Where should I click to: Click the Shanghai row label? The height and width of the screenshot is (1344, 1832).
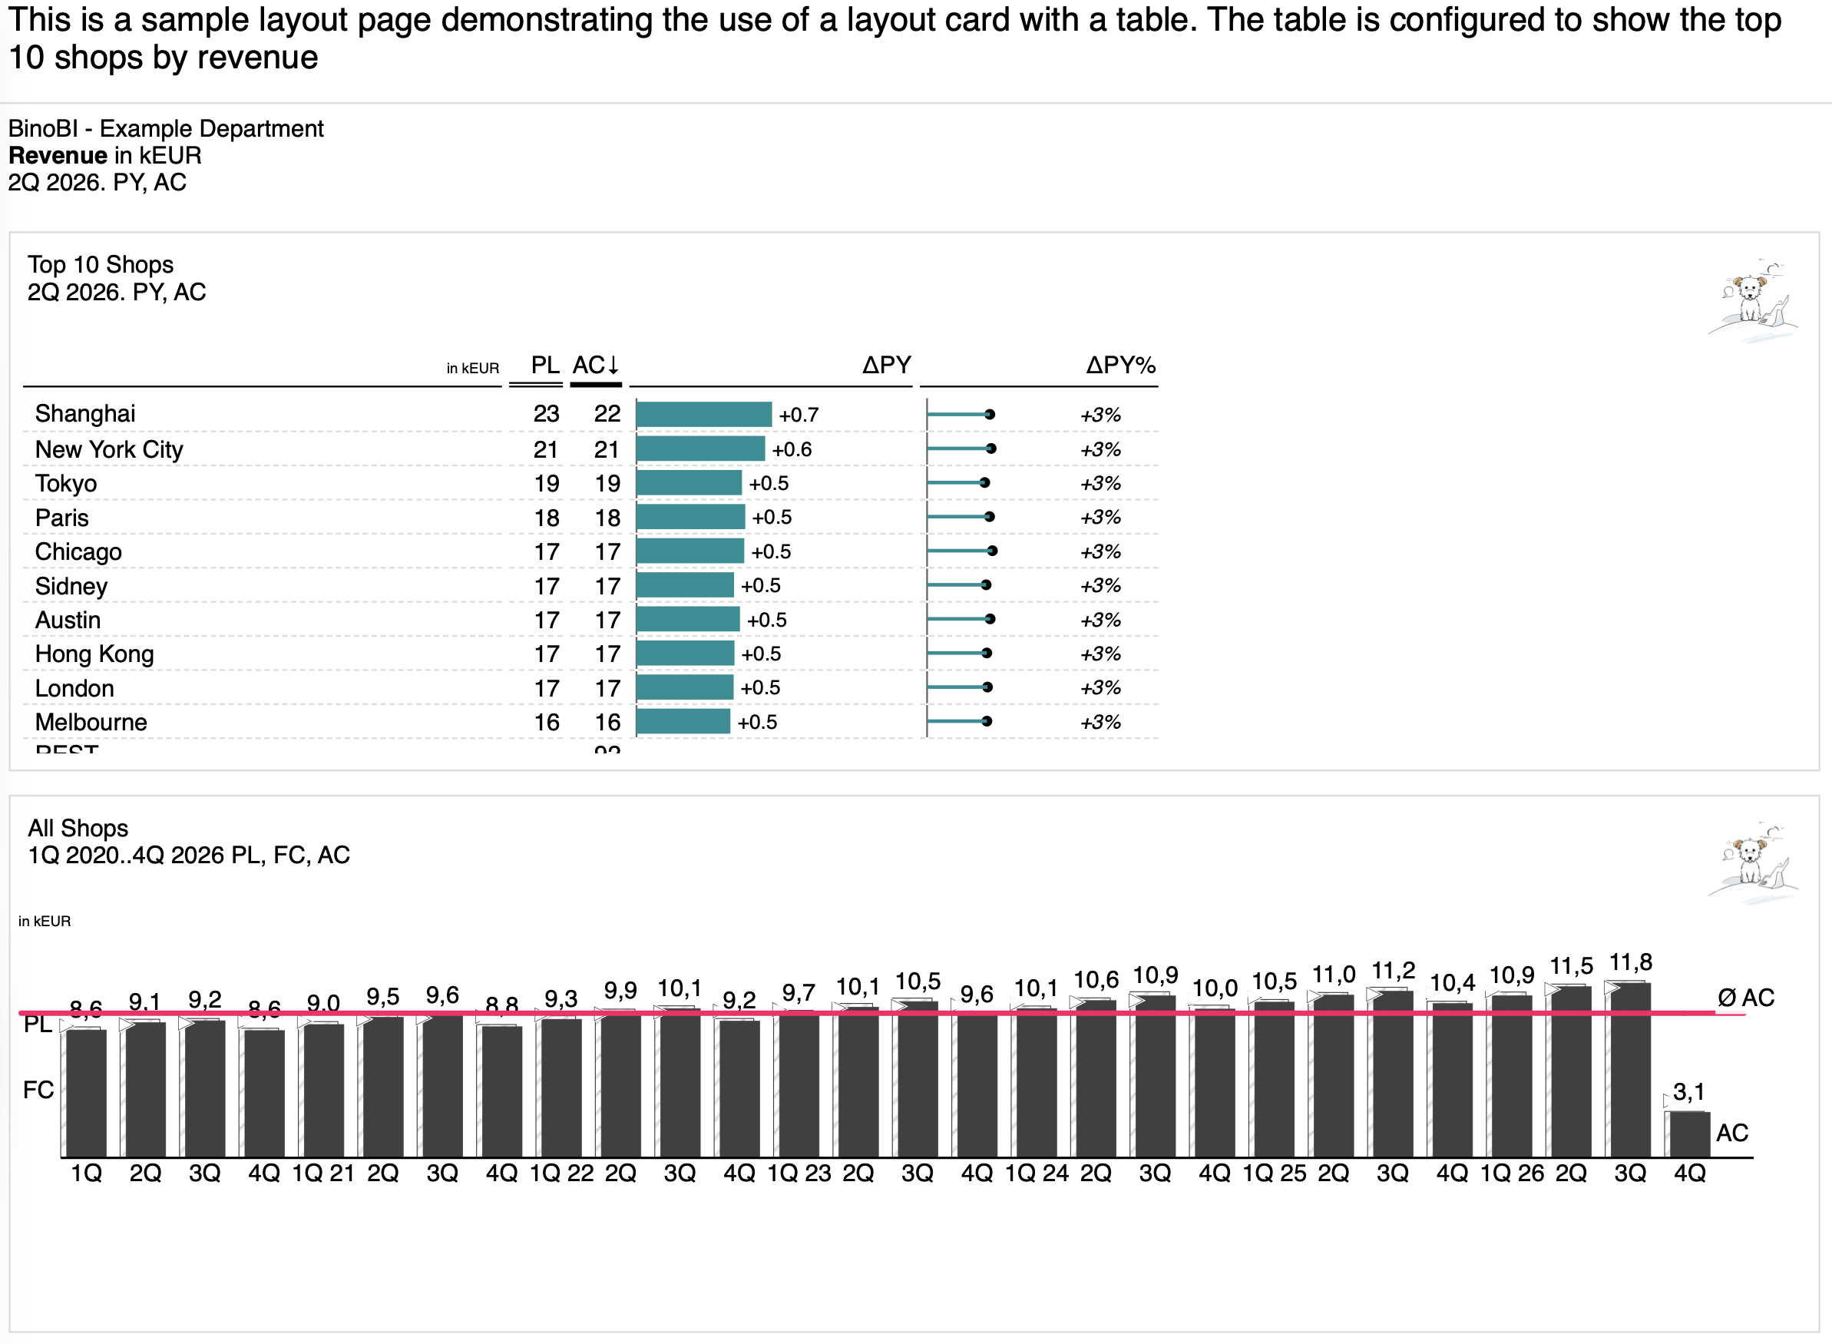click(x=84, y=414)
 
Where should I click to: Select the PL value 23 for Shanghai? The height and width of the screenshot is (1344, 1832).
click(x=546, y=414)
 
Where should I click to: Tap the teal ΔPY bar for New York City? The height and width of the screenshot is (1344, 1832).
click(x=699, y=449)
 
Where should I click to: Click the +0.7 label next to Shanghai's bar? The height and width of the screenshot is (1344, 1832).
click(x=799, y=415)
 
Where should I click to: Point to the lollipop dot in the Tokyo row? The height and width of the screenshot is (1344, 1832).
click(x=984, y=483)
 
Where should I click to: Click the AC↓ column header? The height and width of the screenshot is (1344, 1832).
click(x=595, y=366)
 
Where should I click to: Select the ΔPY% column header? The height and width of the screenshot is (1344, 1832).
click(x=1119, y=366)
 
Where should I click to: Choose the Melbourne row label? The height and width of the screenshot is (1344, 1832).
click(x=91, y=723)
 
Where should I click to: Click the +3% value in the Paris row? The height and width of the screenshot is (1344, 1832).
click(x=1100, y=518)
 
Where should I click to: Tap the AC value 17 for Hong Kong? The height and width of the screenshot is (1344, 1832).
click(x=607, y=654)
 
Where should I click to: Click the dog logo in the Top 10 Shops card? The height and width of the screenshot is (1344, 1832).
click(x=1753, y=301)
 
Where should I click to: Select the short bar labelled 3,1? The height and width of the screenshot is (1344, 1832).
click(x=1689, y=1134)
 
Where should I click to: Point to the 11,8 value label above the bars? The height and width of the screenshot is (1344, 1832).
click(x=1630, y=962)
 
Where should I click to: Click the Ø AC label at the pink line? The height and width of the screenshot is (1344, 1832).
click(x=1745, y=998)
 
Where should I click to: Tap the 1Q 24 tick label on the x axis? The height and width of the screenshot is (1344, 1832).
click(x=1036, y=1174)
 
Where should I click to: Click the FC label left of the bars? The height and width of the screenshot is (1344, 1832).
click(x=38, y=1090)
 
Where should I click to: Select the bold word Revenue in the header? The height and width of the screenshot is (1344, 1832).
click(x=58, y=155)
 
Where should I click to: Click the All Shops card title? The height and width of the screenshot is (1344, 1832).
click(x=78, y=828)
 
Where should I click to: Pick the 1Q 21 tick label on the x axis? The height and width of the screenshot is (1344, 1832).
click(x=322, y=1174)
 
